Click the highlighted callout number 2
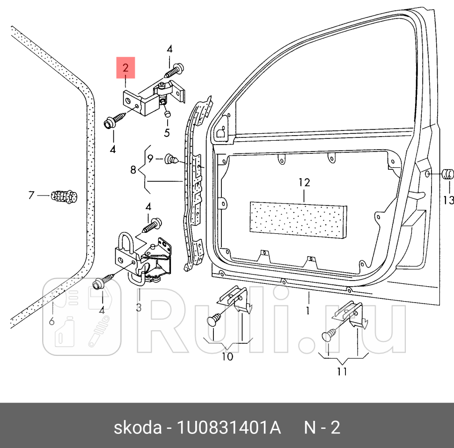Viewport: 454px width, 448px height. [x=125, y=68]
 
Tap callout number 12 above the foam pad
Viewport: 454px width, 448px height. [x=304, y=182]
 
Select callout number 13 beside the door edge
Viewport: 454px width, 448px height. [x=448, y=200]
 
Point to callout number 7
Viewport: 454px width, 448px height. [x=31, y=195]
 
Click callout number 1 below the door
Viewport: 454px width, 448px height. [x=308, y=310]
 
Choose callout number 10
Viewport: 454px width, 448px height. [x=227, y=357]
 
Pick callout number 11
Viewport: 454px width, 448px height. [x=342, y=372]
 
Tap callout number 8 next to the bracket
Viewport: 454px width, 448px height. [x=133, y=170]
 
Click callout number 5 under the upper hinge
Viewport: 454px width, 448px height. [x=167, y=132]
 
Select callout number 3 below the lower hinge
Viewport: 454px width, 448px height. [x=139, y=307]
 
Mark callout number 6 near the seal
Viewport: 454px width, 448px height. [x=52, y=321]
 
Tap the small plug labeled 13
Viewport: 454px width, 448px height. [x=448, y=175]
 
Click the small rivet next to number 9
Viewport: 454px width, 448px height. [x=171, y=160]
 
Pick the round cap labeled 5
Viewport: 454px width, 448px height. [x=167, y=114]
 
